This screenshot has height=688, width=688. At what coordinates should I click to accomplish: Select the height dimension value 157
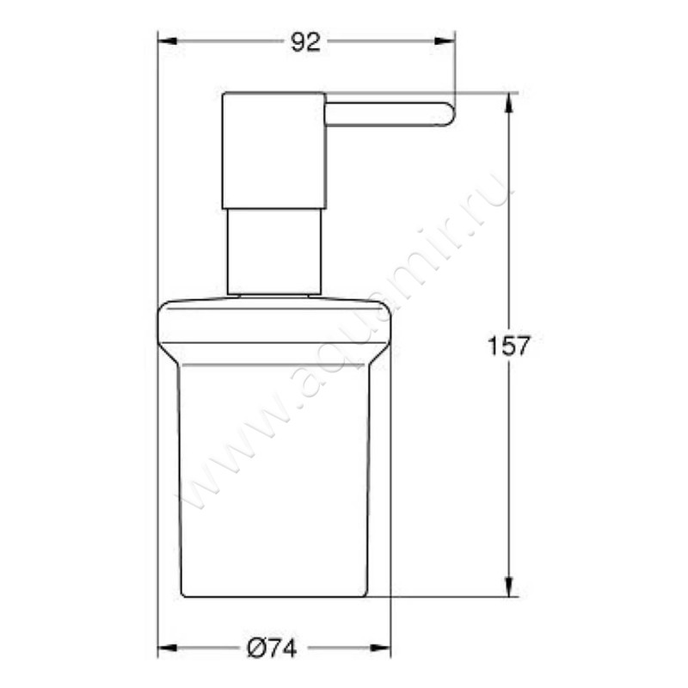507,346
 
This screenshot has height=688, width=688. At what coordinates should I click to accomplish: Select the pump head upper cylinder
273,150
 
